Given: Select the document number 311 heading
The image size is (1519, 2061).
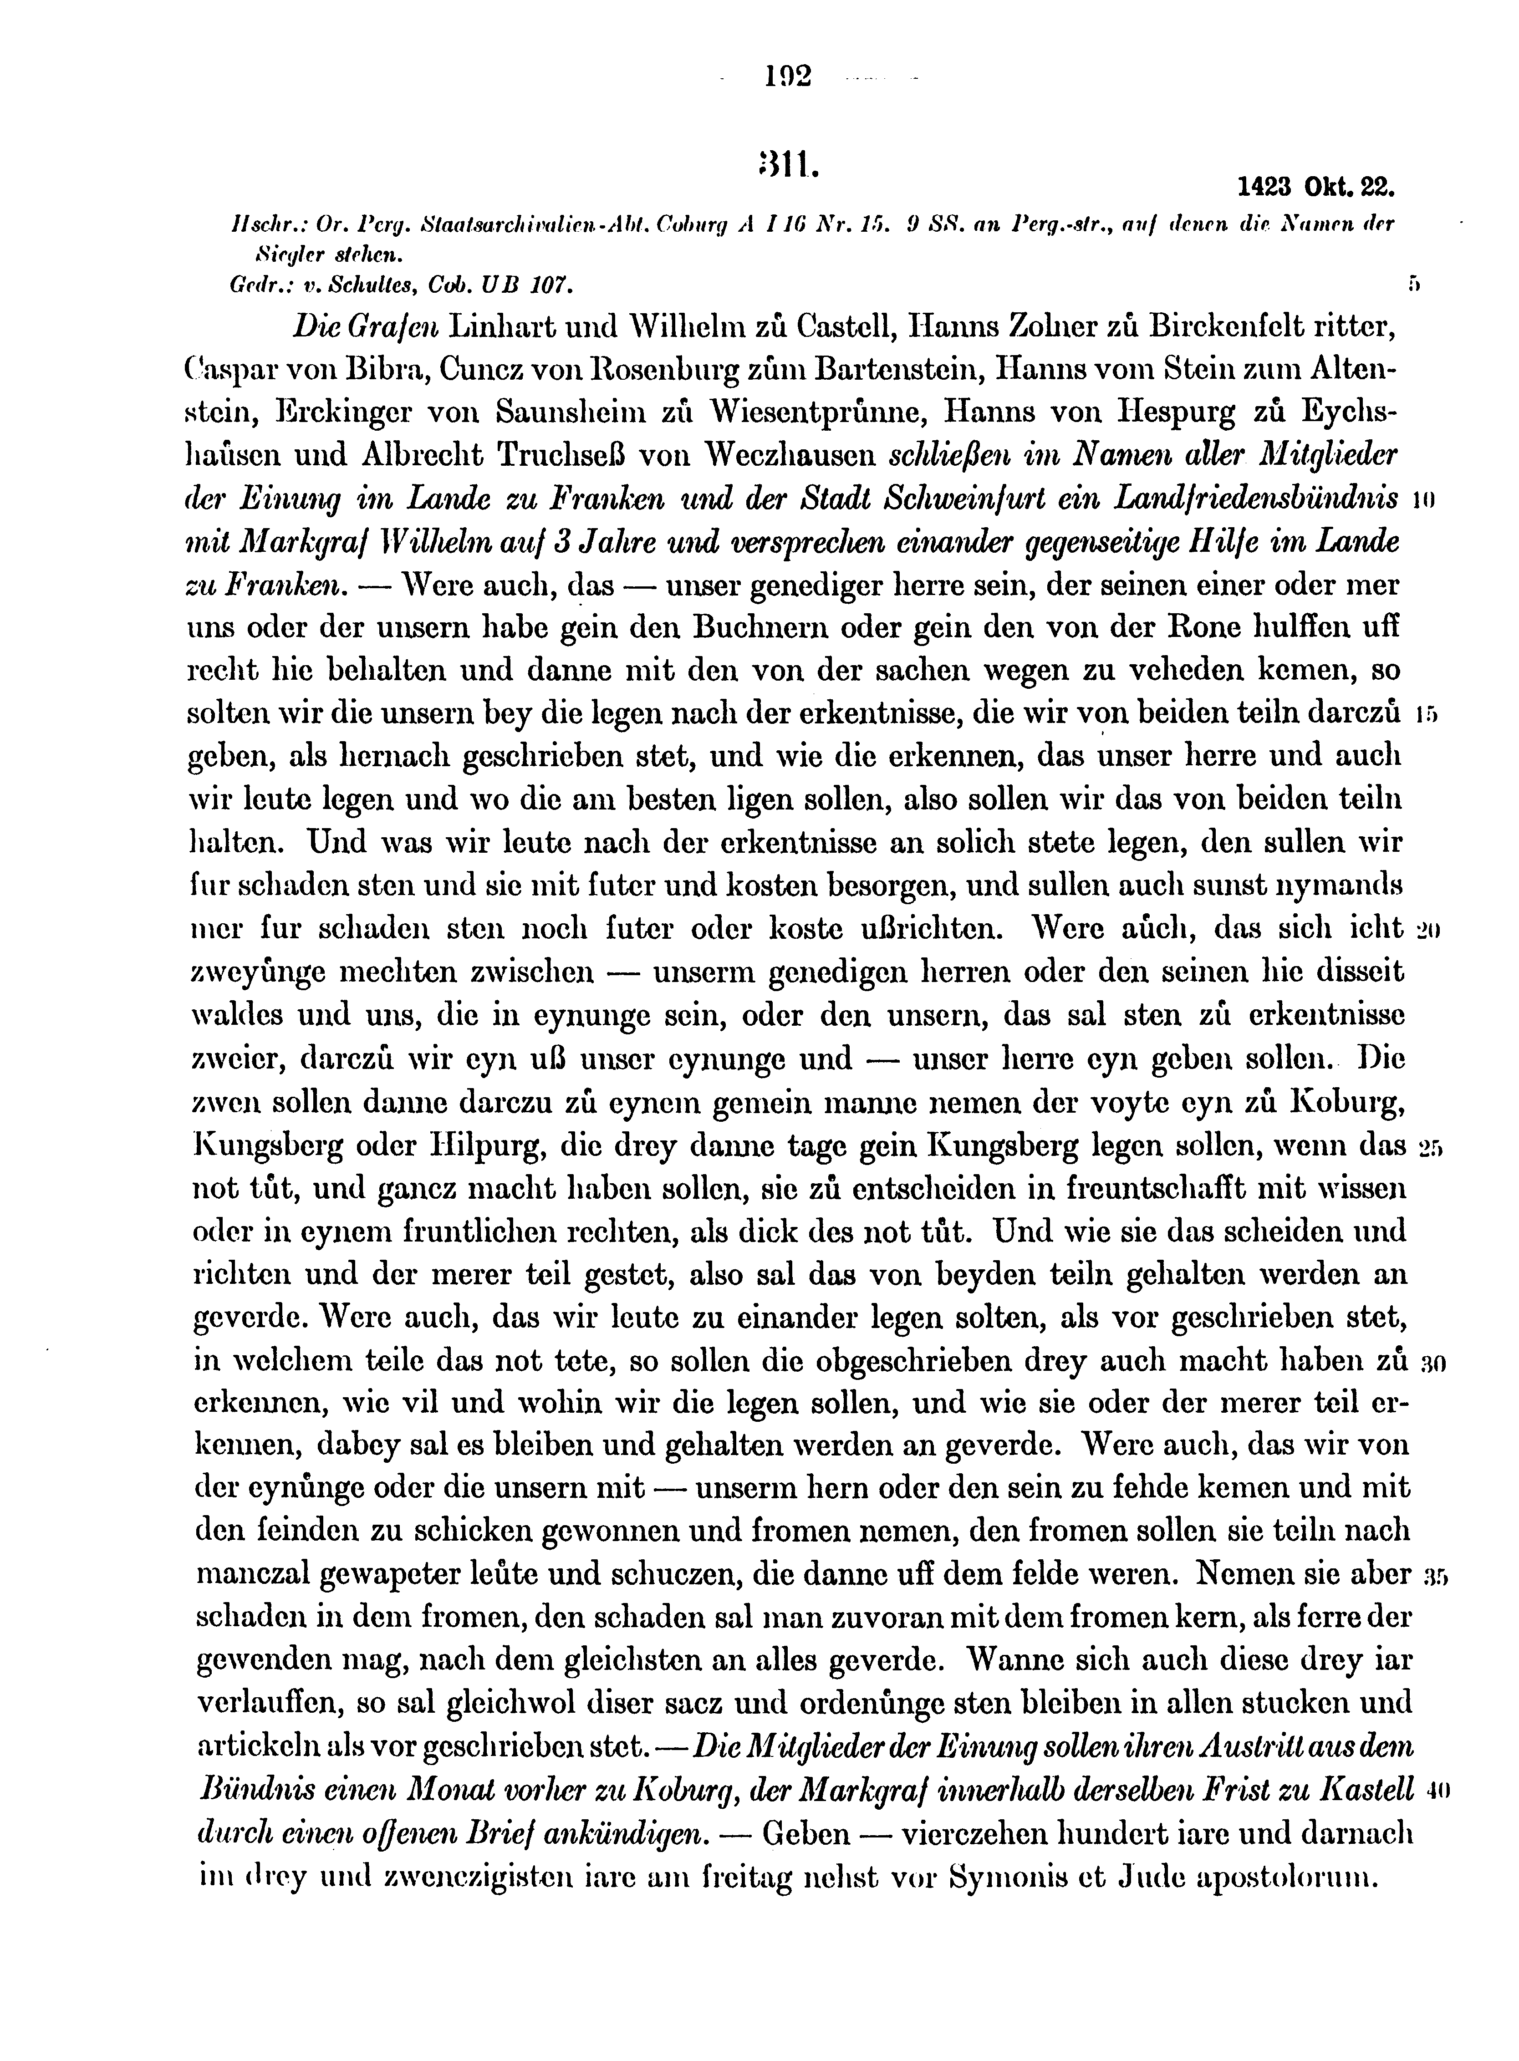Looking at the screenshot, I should pyautogui.click(x=785, y=167).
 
